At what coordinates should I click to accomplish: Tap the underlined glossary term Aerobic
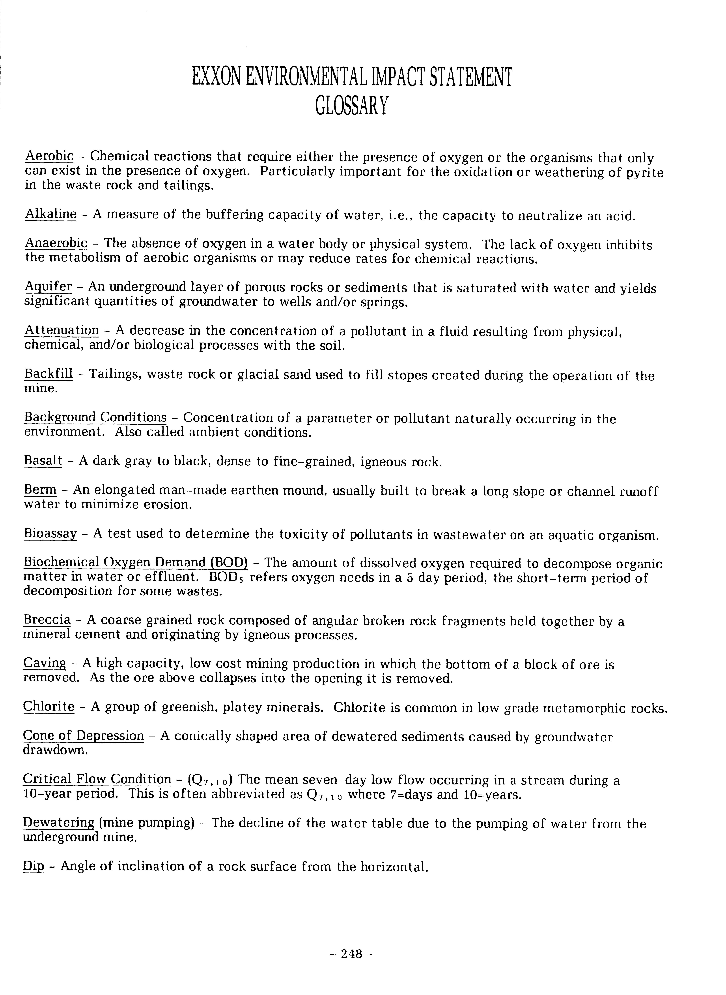pyautogui.click(x=49, y=156)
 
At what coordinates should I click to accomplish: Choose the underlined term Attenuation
pyautogui.click(x=62, y=330)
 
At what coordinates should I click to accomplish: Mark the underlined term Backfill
pyautogui.click(x=48, y=374)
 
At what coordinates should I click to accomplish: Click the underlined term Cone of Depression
pyautogui.click(x=83, y=736)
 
